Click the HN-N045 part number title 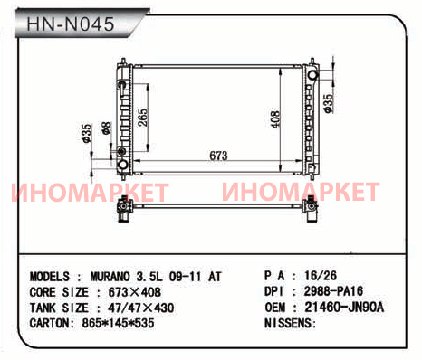coord(71,24)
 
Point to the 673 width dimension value coord(218,156)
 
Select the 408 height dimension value coord(275,119)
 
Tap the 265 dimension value coord(143,118)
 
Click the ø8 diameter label coord(107,128)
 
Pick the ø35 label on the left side coord(86,133)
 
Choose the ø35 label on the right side coord(328,103)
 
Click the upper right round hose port coord(312,74)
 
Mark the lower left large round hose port coord(123,165)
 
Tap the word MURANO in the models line coord(110,276)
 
